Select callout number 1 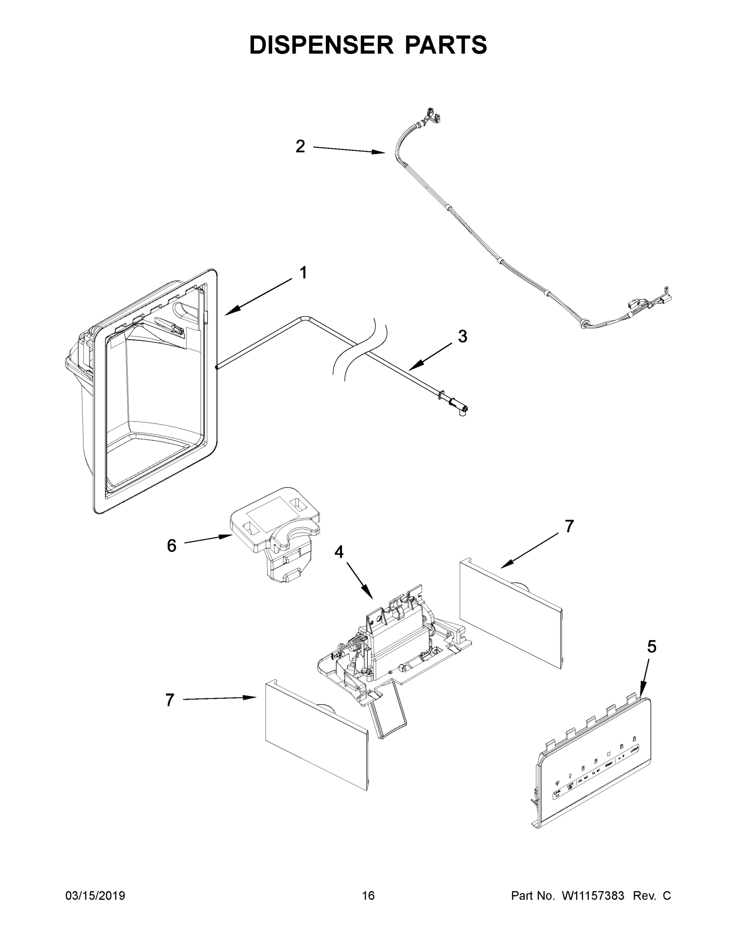(x=304, y=273)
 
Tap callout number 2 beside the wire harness (x=300, y=146)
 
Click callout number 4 (x=339, y=552)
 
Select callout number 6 (x=172, y=545)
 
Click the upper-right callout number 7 (x=569, y=526)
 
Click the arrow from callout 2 (x=349, y=150)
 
